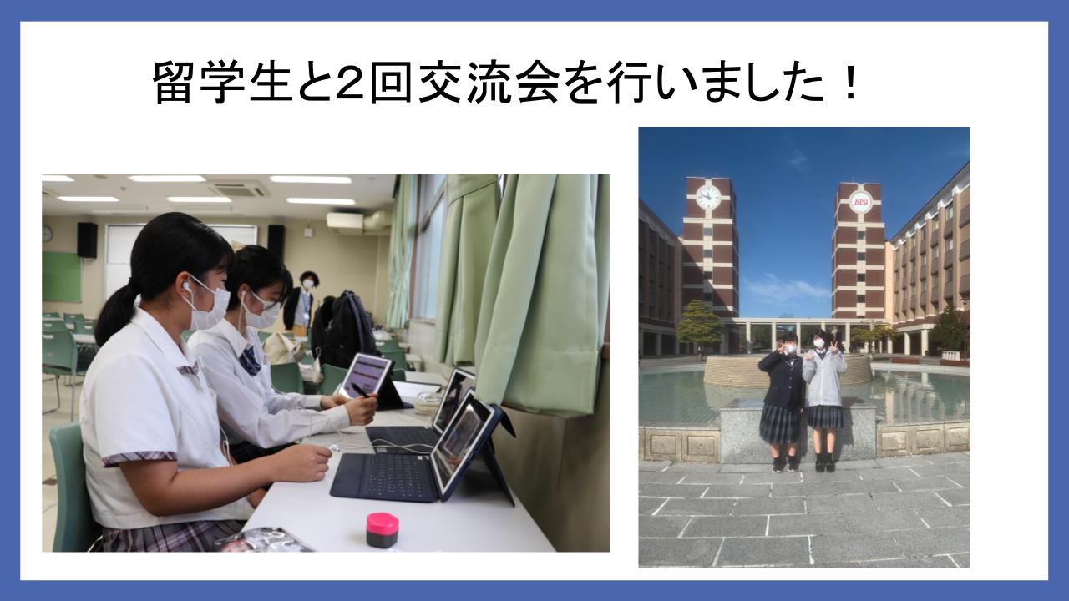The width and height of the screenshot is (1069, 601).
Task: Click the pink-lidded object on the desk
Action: (x=382, y=529)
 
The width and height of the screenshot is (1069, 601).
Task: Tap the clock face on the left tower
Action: (x=708, y=196)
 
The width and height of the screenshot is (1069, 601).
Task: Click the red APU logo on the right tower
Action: (x=861, y=202)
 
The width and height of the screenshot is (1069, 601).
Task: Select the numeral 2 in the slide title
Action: (x=352, y=83)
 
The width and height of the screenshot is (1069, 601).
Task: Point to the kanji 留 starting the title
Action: (x=175, y=83)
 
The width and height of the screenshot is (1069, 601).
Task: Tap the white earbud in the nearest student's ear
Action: (x=187, y=285)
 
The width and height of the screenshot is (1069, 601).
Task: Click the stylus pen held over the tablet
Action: (x=360, y=391)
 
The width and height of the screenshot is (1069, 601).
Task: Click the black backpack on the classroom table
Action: (x=342, y=329)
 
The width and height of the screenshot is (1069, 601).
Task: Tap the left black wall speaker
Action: (x=87, y=240)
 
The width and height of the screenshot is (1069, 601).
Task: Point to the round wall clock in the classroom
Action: (x=47, y=234)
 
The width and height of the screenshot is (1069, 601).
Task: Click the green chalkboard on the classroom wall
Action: (x=61, y=276)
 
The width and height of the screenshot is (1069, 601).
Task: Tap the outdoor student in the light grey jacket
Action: (x=824, y=401)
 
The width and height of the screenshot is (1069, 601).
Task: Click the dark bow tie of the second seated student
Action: (x=250, y=361)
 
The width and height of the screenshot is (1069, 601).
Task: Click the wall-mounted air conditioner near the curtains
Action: (x=345, y=223)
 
